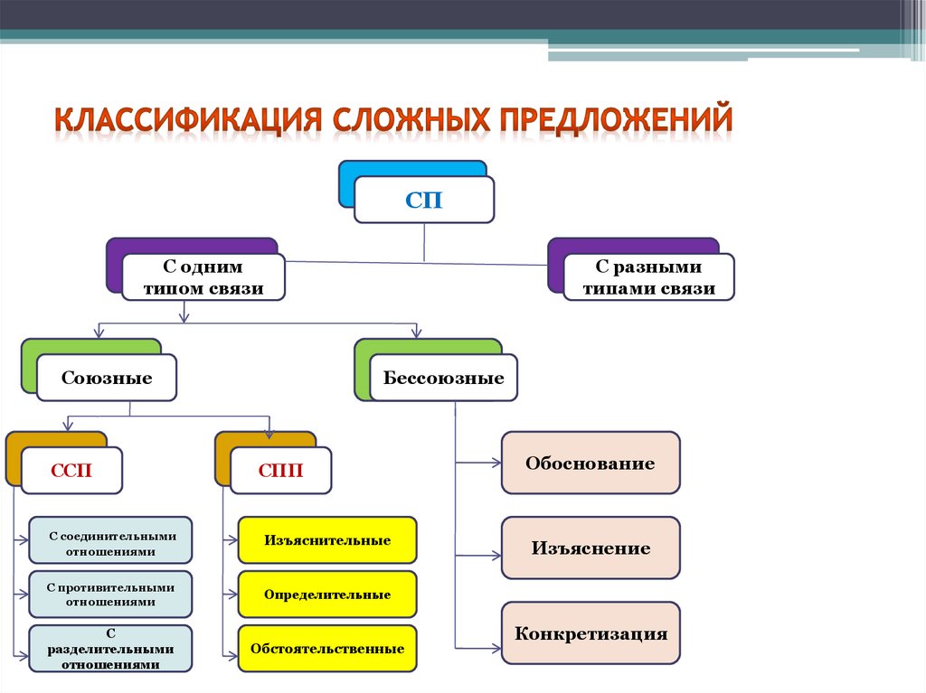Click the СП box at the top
coord(424,200)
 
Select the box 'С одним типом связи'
coord(203,277)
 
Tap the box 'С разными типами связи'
coord(648,277)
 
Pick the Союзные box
coord(107,378)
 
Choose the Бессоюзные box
coord(443,378)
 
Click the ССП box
coord(71,471)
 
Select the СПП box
coord(280,471)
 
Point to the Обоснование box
coord(590,463)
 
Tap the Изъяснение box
coord(590,548)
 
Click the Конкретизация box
coord(590,633)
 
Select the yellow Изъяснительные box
coord(327,540)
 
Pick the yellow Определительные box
coord(327,595)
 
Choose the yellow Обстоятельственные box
coord(327,649)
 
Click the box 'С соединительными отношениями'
coord(110,543)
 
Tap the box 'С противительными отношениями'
coord(110,595)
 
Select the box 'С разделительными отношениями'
coord(110,649)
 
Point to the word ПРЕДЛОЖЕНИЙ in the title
coord(612,120)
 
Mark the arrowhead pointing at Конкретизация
coord(496,648)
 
